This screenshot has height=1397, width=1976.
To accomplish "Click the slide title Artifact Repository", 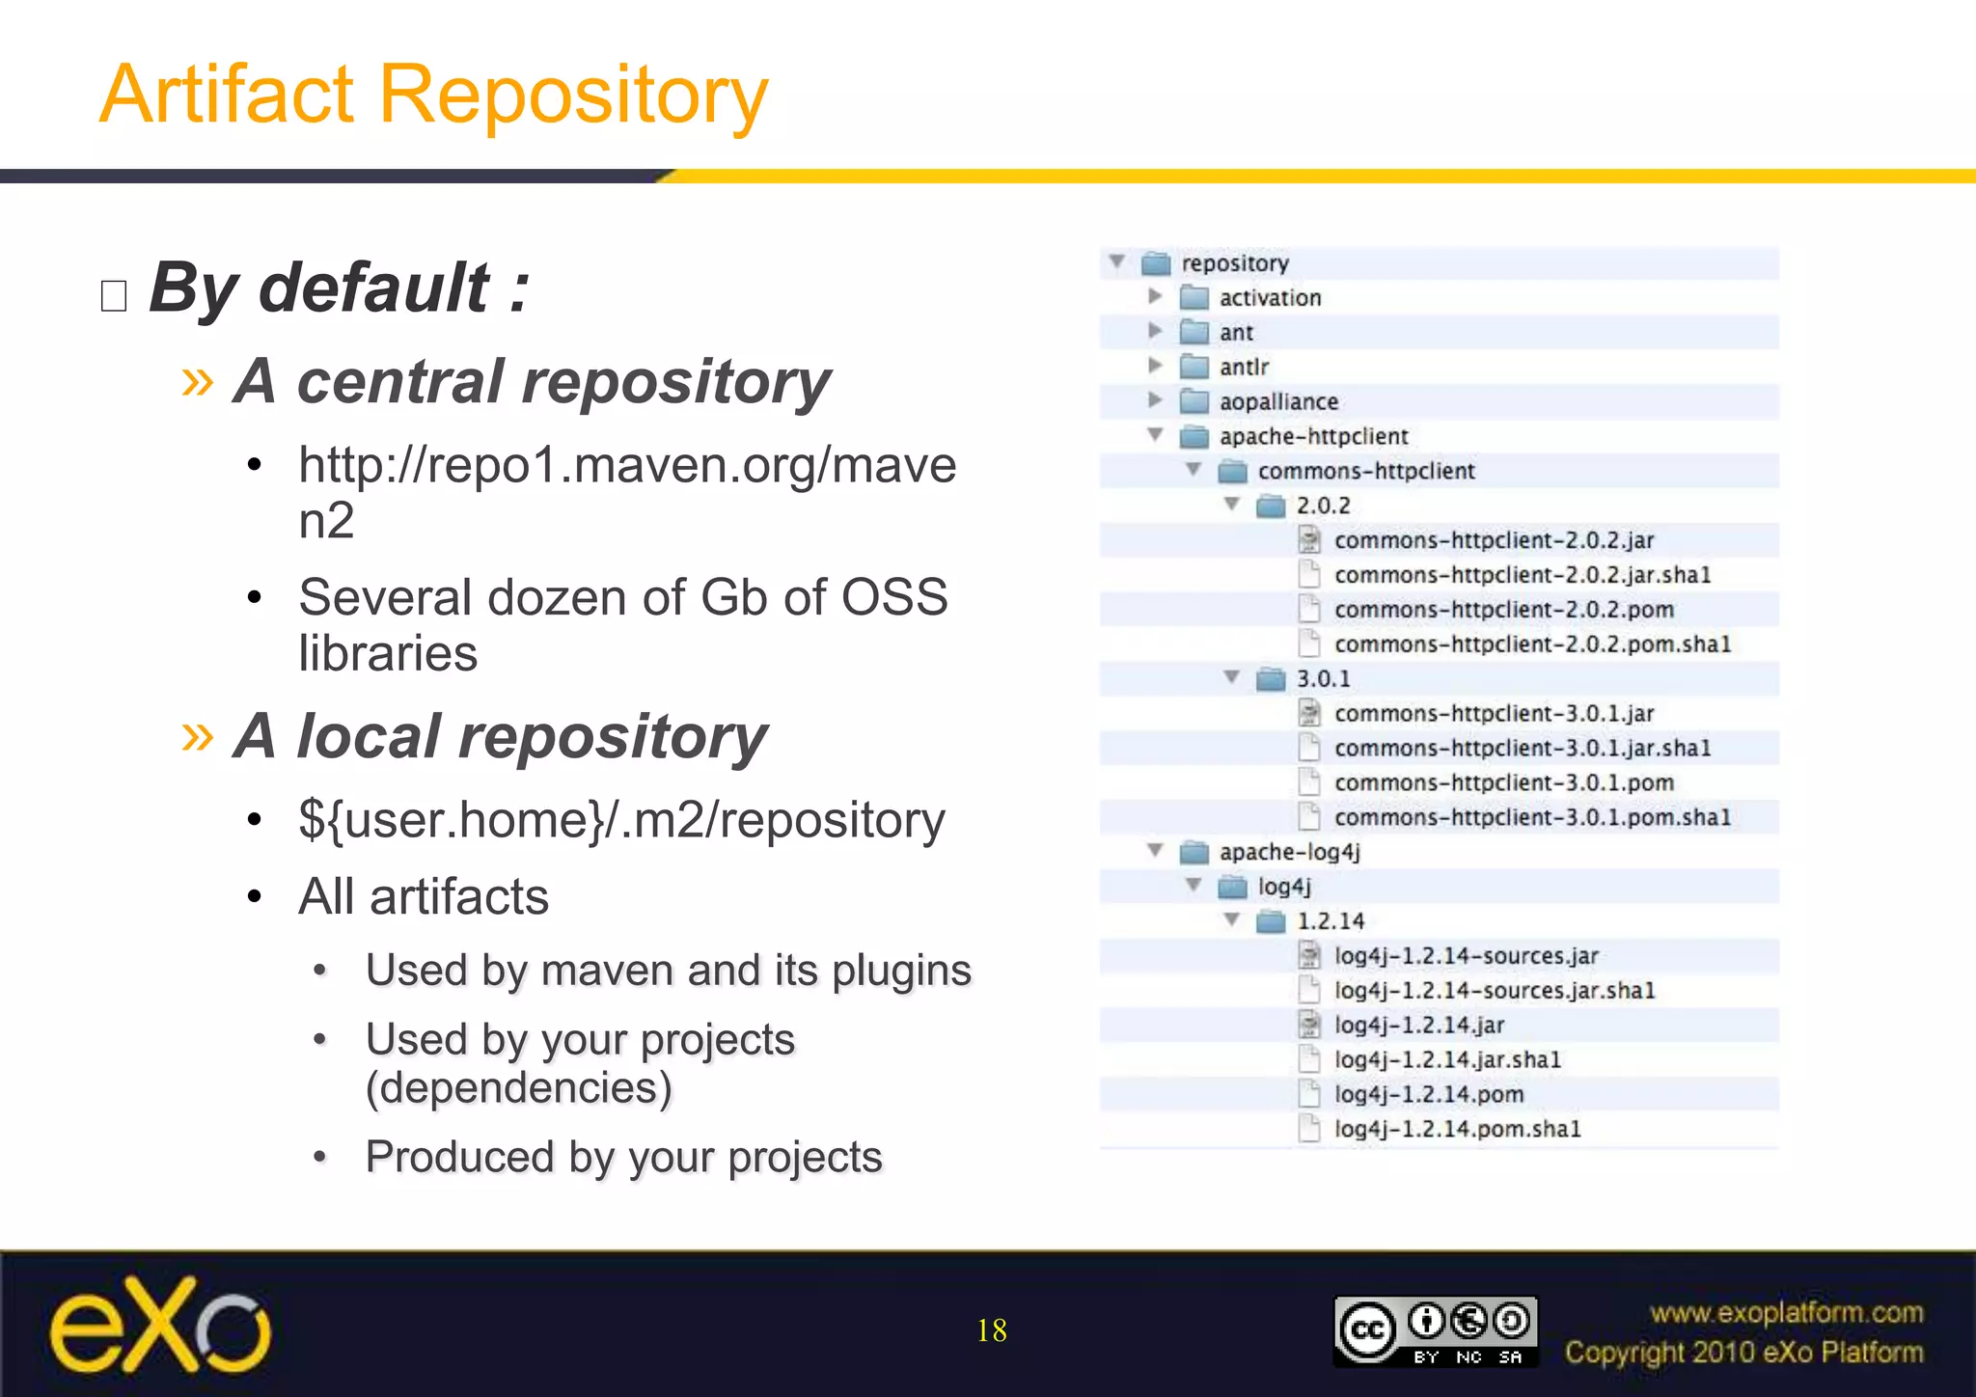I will point(434,95).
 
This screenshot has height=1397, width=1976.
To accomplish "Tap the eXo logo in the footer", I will point(160,1326).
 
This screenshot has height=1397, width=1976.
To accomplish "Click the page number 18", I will point(991,1330).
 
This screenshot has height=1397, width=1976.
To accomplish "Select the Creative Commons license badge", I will point(1435,1331).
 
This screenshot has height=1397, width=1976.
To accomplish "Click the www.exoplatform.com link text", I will point(1786,1313).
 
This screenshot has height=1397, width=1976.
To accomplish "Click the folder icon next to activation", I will point(1194,297).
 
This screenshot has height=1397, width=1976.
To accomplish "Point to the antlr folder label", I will point(1244,368).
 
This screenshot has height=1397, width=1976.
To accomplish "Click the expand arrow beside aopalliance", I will point(1155,400).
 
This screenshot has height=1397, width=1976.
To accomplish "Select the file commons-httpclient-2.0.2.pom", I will point(1503,610).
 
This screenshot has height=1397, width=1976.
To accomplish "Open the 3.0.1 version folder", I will point(1323,679).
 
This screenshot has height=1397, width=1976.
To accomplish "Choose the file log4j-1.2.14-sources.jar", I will point(1466,956).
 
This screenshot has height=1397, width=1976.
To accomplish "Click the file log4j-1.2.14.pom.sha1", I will point(1457,1129).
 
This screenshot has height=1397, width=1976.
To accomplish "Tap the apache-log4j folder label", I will point(1289,852).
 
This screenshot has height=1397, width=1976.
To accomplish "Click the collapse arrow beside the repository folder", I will point(1117,261).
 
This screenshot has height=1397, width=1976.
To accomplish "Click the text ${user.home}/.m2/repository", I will point(621,821).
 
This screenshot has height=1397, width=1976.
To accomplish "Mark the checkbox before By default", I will point(114,295).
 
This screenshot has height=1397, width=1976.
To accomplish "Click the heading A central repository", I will point(532,382).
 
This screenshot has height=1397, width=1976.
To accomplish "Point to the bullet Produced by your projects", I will point(623,1157).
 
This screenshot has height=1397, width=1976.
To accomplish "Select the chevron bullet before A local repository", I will point(198,737).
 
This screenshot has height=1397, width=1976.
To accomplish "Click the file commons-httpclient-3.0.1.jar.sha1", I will point(1522,749).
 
